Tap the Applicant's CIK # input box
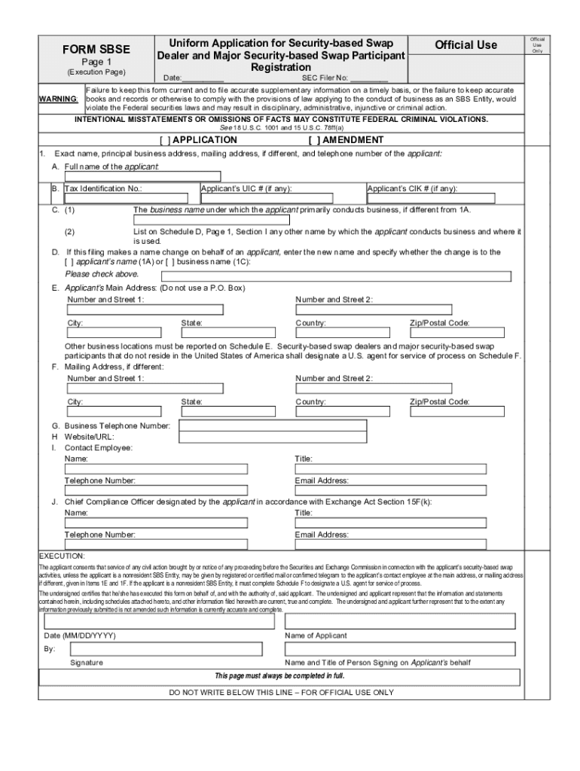tap(430, 200)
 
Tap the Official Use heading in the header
tap(466, 45)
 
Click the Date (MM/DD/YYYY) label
tap(80, 635)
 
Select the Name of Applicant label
tap(316, 635)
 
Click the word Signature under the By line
tap(87, 663)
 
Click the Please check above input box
tap(331, 276)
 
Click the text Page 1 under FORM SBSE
tap(96, 62)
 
